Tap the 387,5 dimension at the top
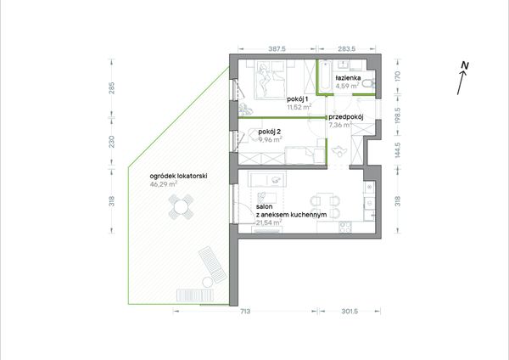pyautogui.click(x=277, y=49)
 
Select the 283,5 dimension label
pyautogui.click(x=346, y=49)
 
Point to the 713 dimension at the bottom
pyautogui.click(x=245, y=312)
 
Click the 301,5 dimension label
pyautogui.click(x=350, y=312)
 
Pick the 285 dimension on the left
pyautogui.click(x=112, y=88)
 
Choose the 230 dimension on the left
pyautogui.click(x=112, y=142)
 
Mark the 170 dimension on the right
pyautogui.click(x=398, y=76)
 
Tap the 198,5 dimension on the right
pyautogui.click(x=398, y=115)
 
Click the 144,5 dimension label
pyautogui.click(x=398, y=150)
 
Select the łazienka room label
pyautogui.click(x=348, y=78)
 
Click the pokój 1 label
pyautogui.click(x=297, y=99)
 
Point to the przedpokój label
pyautogui.click(x=346, y=117)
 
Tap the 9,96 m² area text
pyautogui.click(x=270, y=140)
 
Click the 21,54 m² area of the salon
pyautogui.click(x=269, y=222)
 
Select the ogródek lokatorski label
pyautogui.click(x=178, y=176)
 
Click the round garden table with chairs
pyautogui.click(x=181, y=206)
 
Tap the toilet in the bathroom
pyautogui.click(x=368, y=84)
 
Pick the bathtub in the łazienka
pyautogui.click(x=325, y=76)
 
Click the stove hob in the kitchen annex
pyautogui.click(x=345, y=227)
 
